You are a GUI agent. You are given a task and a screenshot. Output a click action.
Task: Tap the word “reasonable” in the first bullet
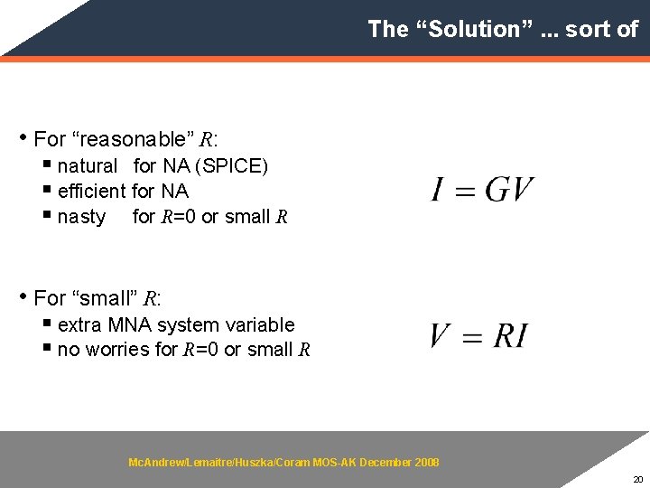[x=133, y=139]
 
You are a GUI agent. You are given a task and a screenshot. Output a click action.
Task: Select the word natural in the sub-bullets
[x=87, y=166]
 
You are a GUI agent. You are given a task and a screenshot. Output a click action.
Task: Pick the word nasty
[x=81, y=217]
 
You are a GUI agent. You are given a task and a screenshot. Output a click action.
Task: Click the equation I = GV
[x=482, y=190]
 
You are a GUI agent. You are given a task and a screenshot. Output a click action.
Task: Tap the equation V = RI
[x=478, y=336]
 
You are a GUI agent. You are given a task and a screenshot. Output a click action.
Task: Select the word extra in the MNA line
[x=79, y=324]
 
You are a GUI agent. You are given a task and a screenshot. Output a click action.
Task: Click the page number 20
[x=637, y=479]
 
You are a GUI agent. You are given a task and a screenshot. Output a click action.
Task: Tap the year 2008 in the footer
[x=426, y=463]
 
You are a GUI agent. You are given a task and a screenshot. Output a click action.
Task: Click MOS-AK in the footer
[x=334, y=463]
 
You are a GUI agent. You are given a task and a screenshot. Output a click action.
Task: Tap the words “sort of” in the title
[x=602, y=29]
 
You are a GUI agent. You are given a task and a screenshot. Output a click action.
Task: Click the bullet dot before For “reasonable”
[x=23, y=138]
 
